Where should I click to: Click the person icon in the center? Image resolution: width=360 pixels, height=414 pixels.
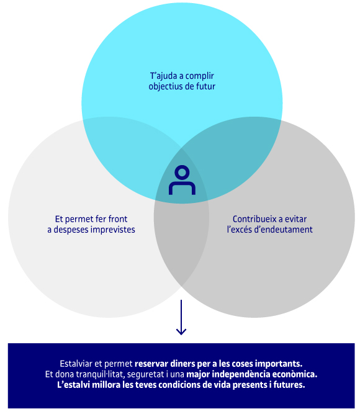tap(182, 180)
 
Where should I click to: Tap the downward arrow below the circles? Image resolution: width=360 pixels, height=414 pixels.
tap(181, 317)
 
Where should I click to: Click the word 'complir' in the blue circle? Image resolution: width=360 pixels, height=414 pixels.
tap(199, 76)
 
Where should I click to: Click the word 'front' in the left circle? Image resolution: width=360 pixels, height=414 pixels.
tap(117, 219)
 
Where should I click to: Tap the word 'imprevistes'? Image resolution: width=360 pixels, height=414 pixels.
tap(115, 230)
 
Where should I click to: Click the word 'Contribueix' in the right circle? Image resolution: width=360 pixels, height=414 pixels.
tap(254, 219)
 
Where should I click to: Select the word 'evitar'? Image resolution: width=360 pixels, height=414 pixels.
tap(295, 219)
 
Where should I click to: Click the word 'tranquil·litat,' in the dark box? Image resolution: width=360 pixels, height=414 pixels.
tap(101, 374)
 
